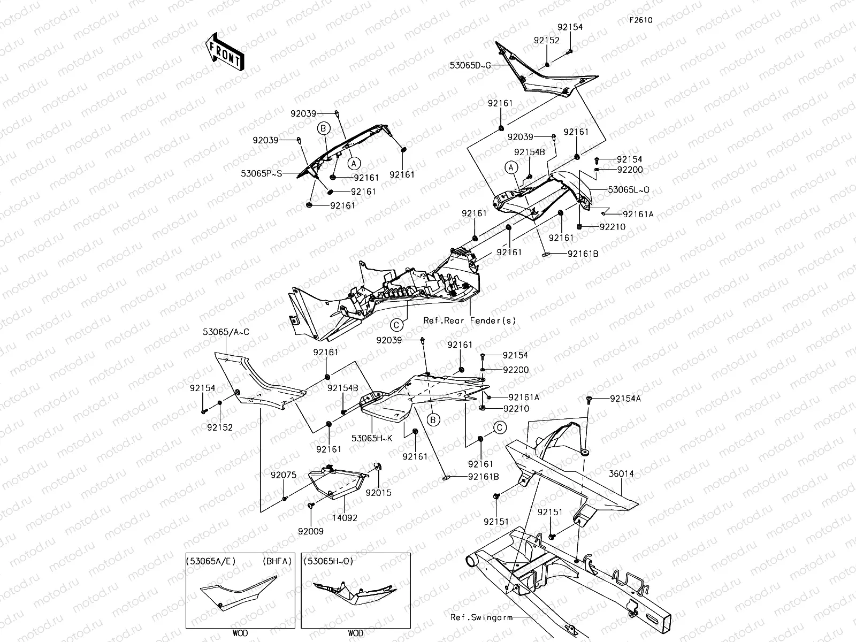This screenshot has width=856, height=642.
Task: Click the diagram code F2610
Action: tap(640, 20)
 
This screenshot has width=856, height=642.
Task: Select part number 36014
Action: tap(621, 474)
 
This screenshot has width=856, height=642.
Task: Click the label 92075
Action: tap(283, 475)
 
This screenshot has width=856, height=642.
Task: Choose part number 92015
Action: tap(379, 492)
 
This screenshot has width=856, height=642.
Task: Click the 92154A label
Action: tap(625, 398)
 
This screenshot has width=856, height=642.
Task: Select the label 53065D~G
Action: tap(470, 66)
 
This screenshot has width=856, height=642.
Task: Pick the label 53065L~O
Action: tap(629, 189)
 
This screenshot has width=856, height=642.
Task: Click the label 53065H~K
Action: tap(372, 438)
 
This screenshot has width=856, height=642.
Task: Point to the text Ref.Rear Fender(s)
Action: tap(470, 320)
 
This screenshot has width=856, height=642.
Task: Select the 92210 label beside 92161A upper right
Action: tap(613, 227)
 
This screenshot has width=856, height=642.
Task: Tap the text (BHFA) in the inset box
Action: tap(277, 561)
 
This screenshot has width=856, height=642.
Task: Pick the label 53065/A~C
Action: tap(226, 332)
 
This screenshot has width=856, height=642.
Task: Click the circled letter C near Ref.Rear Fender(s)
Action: tap(396, 324)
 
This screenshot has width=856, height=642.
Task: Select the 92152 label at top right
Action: tap(546, 40)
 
